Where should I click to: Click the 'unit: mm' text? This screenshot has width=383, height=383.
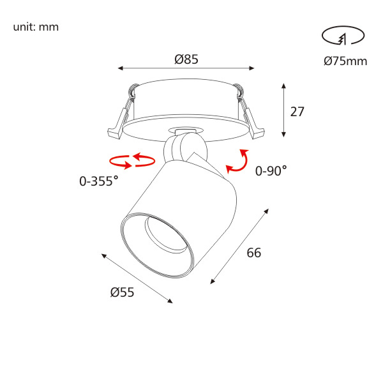click(36, 27)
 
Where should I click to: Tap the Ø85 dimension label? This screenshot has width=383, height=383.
click(186, 59)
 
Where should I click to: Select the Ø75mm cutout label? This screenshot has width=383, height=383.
click(345, 61)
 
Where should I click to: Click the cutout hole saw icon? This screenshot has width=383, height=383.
click(343, 38)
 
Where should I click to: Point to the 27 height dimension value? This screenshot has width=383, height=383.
click(297, 112)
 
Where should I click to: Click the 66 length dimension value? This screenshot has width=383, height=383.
click(254, 252)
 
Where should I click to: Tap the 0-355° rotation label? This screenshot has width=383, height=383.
click(99, 181)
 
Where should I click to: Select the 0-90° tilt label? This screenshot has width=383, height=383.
click(271, 170)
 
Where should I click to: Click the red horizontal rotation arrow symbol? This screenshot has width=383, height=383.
click(132, 161)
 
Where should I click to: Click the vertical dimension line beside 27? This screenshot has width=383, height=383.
click(284, 109)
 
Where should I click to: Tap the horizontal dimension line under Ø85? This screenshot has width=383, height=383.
click(186, 68)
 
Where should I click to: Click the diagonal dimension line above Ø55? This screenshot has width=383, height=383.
click(137, 278)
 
